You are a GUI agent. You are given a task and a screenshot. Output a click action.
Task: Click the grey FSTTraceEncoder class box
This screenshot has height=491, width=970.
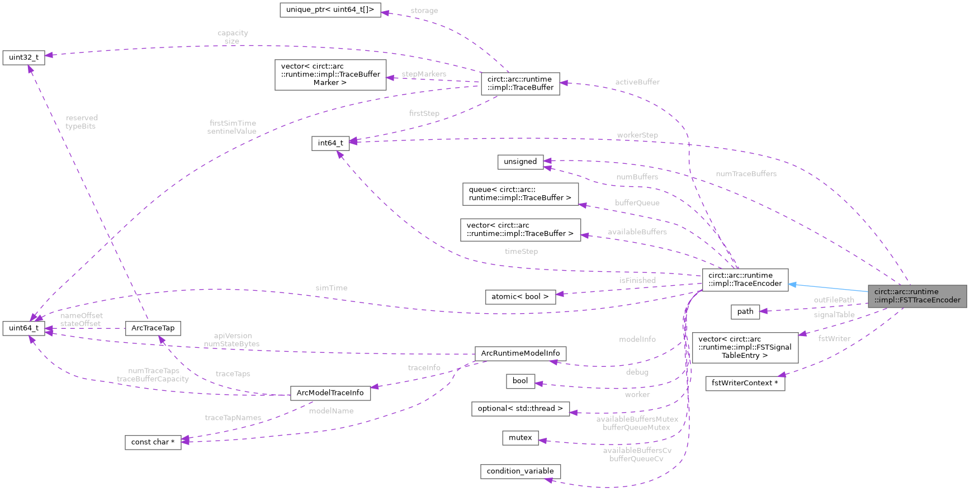pyautogui.click(x=917, y=296)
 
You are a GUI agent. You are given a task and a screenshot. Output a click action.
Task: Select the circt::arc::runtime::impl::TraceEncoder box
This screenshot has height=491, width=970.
pyautogui.click(x=745, y=280)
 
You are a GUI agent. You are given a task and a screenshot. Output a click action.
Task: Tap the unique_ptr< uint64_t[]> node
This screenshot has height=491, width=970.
pyautogui.click(x=330, y=10)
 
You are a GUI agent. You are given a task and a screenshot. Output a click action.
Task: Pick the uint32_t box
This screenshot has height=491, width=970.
pyautogui.click(x=23, y=58)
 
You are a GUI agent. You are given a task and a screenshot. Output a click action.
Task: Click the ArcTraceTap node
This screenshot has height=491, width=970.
pyautogui.click(x=153, y=328)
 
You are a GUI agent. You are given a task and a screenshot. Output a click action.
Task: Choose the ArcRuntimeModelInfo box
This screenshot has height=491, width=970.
pyautogui.click(x=520, y=353)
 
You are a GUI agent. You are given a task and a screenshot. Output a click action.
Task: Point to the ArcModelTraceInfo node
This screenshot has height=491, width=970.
pyautogui.click(x=330, y=393)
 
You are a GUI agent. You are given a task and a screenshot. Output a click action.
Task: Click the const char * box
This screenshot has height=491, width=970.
pyautogui.click(x=153, y=442)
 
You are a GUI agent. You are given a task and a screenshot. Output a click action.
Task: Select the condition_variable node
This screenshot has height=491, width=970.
pyautogui.click(x=520, y=471)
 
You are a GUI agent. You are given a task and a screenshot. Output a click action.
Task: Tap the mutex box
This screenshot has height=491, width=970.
pyautogui.click(x=520, y=438)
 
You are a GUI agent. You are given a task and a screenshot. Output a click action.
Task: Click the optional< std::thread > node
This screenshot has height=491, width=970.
pyautogui.click(x=520, y=409)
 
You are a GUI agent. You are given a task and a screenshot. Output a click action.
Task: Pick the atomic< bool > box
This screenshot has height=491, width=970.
pyautogui.click(x=520, y=297)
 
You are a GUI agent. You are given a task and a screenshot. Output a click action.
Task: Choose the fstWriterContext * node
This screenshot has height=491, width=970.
pyautogui.click(x=745, y=383)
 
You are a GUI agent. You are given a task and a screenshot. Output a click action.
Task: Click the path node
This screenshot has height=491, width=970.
pyautogui.click(x=745, y=311)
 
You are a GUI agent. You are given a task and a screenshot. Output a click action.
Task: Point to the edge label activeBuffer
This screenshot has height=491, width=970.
pyautogui.click(x=637, y=82)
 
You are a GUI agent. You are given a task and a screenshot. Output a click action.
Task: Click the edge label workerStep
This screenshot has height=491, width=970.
pyautogui.click(x=637, y=135)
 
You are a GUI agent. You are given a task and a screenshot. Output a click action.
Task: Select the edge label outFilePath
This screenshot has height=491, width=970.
pyautogui.click(x=834, y=300)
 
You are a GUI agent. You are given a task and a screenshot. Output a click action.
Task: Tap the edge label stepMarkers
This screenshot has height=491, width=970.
pyautogui.click(x=424, y=74)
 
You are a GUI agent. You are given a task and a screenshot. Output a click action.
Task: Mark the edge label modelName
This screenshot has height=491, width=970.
pyautogui.click(x=331, y=411)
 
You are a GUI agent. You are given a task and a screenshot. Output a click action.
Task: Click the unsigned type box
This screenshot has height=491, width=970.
pyautogui.click(x=520, y=162)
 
